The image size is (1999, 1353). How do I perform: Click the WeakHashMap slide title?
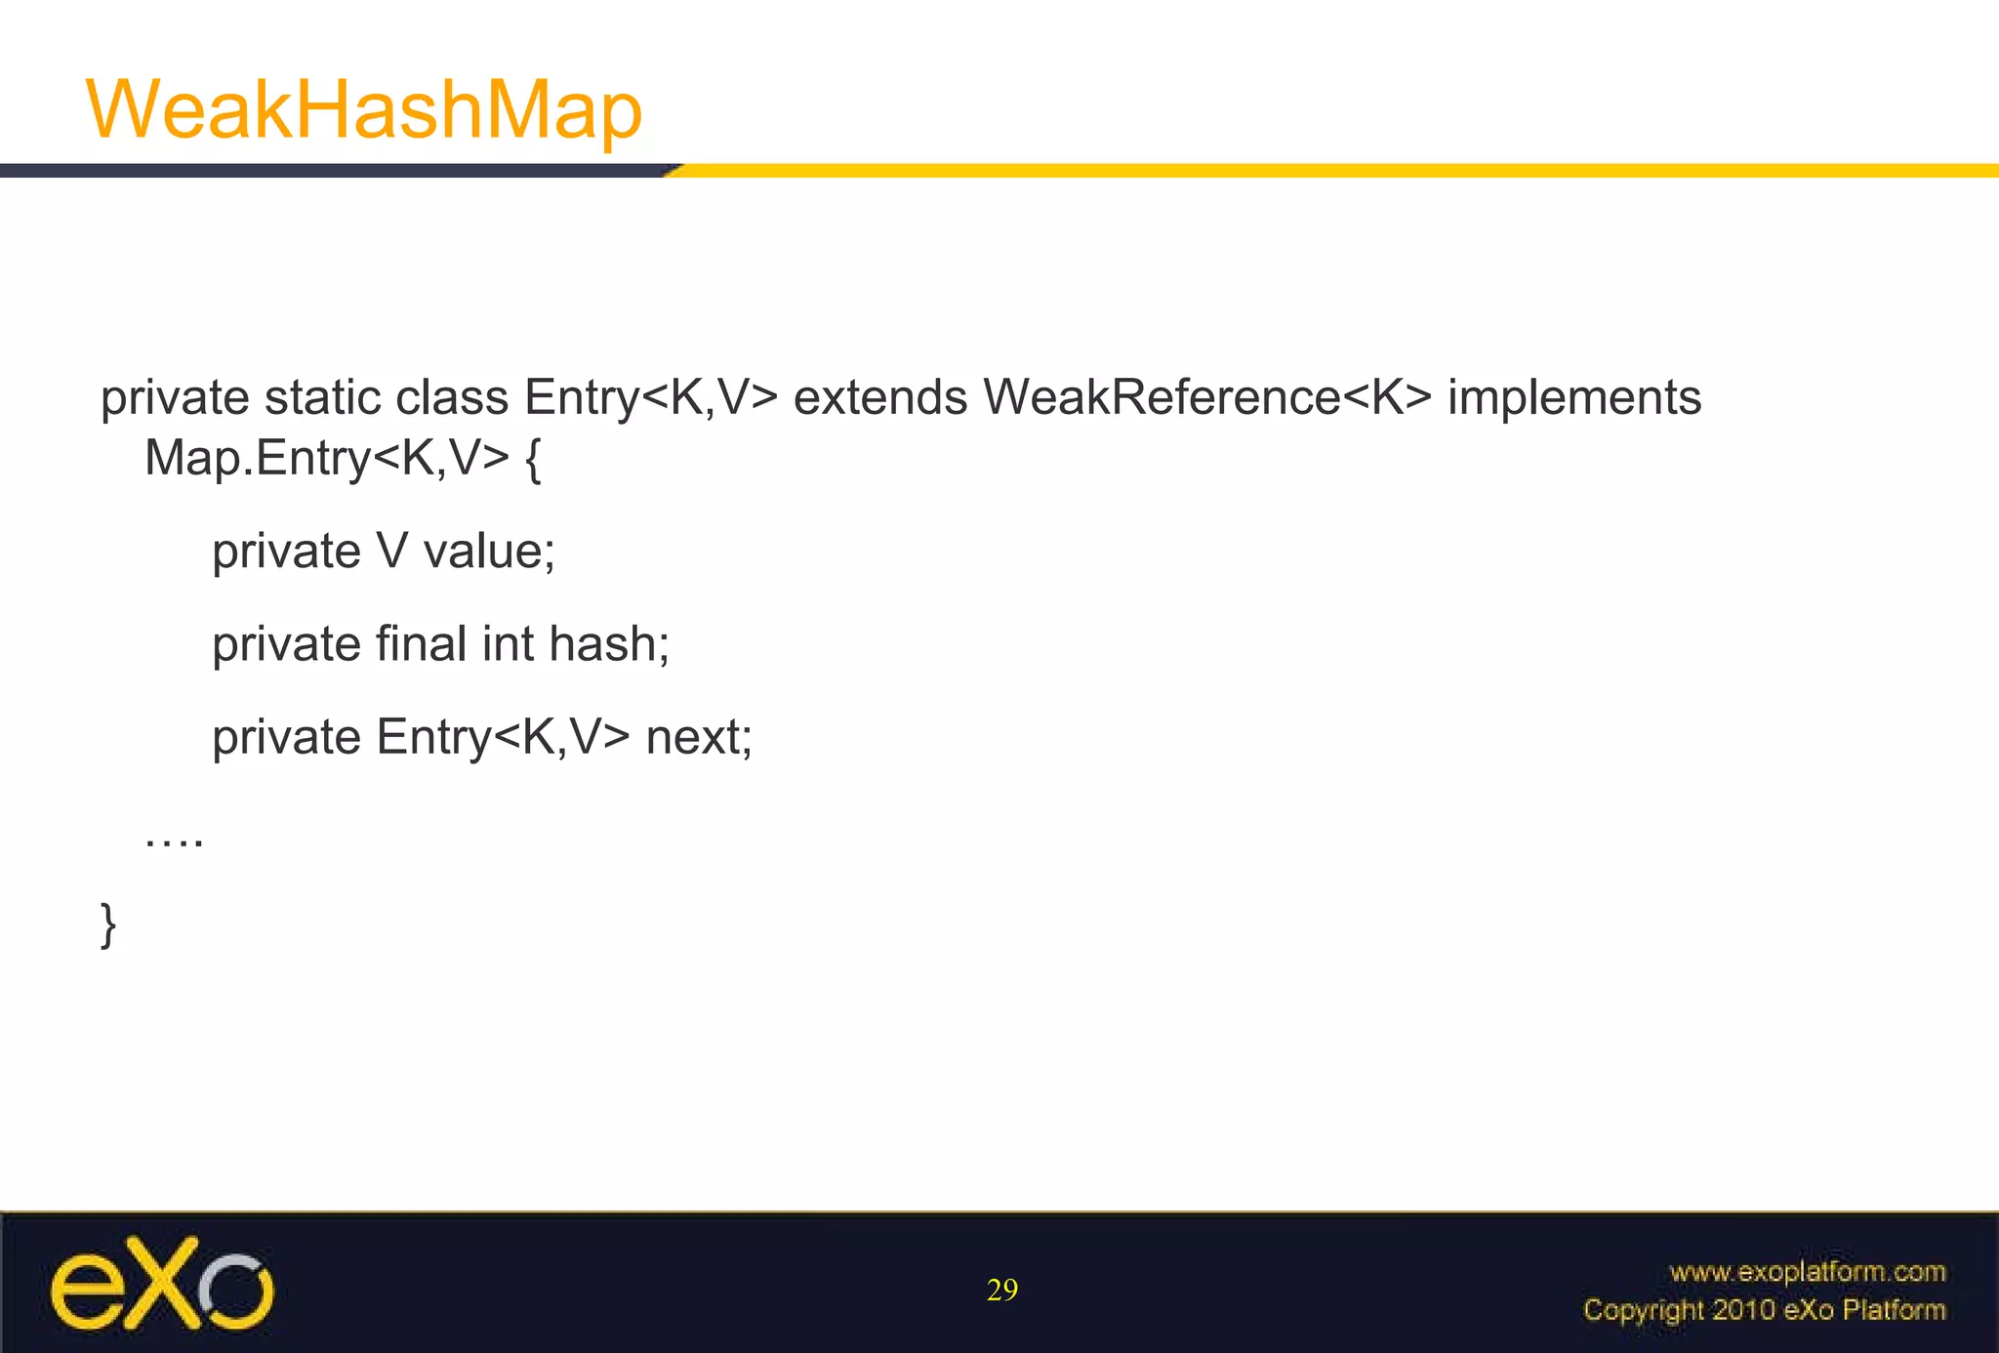click(363, 109)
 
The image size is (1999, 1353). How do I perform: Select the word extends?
click(879, 398)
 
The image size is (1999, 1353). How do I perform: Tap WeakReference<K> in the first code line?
click(1206, 398)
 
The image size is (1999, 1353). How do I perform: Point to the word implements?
click(1573, 398)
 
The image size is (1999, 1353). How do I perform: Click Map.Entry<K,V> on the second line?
click(326, 458)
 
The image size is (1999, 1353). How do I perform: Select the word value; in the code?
click(489, 552)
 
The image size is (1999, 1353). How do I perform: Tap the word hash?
click(609, 644)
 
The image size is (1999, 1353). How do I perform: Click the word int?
click(508, 644)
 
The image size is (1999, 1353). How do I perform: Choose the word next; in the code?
click(699, 737)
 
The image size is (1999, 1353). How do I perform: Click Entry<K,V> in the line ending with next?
click(503, 737)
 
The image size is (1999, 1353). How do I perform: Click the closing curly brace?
click(108, 924)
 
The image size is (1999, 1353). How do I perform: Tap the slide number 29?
click(1002, 1291)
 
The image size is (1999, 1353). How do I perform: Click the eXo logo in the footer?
click(162, 1284)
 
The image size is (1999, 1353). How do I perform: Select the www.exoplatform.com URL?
click(1807, 1272)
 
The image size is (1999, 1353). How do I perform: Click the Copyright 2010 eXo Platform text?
click(1764, 1309)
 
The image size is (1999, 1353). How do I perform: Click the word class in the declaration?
click(452, 398)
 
